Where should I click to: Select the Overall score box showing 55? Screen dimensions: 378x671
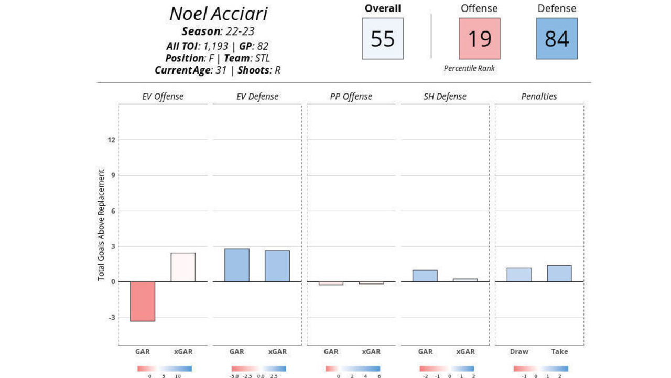(x=383, y=39)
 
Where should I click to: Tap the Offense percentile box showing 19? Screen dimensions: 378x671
(x=480, y=39)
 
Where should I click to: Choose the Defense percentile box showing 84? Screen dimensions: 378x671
(x=557, y=39)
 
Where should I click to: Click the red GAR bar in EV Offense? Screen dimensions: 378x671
(x=143, y=301)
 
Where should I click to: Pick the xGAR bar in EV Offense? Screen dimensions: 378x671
(x=183, y=267)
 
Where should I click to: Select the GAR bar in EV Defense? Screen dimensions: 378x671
(x=237, y=265)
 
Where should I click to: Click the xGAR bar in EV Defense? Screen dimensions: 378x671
(x=277, y=266)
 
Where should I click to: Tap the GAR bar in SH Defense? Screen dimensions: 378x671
(x=425, y=276)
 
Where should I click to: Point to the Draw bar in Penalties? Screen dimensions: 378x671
(x=519, y=275)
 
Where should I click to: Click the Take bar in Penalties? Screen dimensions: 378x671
(x=559, y=274)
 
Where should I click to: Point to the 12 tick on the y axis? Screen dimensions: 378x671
(x=111, y=140)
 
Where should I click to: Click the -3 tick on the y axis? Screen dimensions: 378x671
(x=111, y=318)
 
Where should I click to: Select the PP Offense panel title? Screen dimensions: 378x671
(x=351, y=97)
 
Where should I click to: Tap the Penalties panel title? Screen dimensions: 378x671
(x=539, y=97)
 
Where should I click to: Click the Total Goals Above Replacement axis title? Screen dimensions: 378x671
(x=101, y=225)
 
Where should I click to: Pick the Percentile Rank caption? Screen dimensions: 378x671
(x=469, y=68)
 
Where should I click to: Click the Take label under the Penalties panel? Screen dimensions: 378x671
(x=559, y=352)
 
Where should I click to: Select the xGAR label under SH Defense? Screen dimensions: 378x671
(x=466, y=352)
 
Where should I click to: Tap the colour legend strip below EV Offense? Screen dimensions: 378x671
(x=165, y=369)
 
